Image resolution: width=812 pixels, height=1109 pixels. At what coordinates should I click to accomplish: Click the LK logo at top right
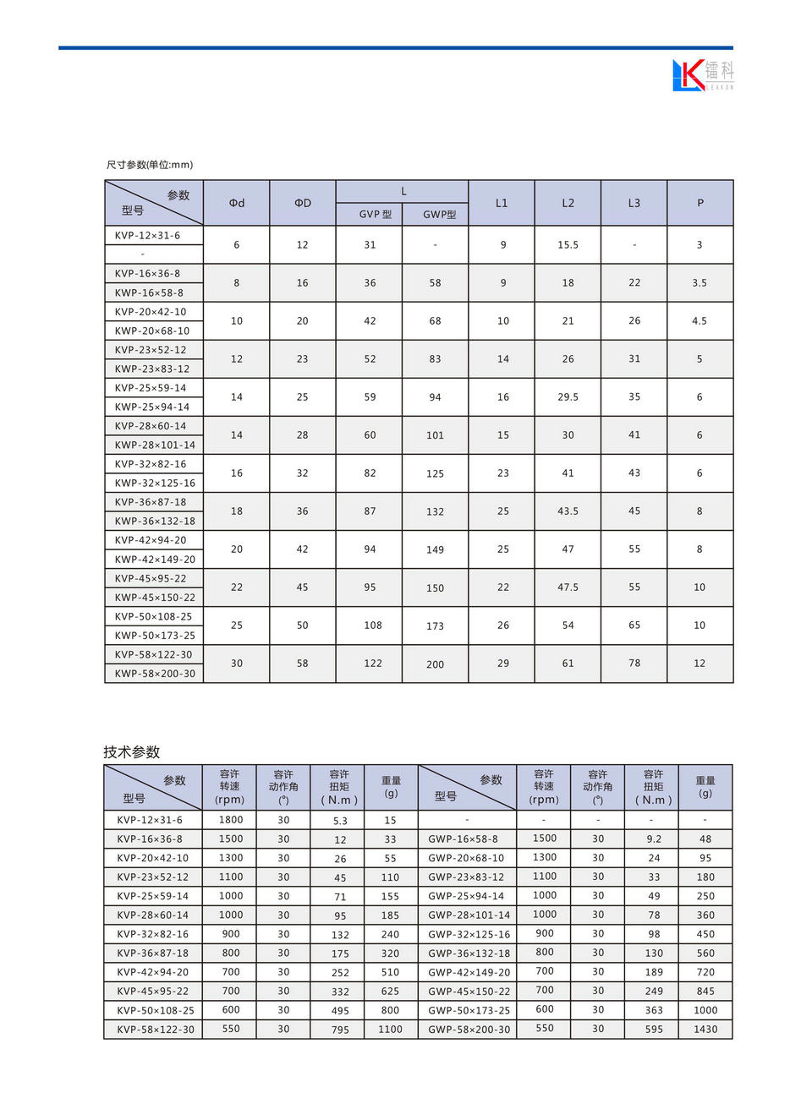pos(702,75)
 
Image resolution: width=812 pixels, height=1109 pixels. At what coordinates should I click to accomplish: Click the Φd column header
pos(237,203)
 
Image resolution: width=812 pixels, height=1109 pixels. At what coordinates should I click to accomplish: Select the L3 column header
pos(634,203)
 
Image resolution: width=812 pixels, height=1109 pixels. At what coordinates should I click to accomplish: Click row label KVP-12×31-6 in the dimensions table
pos(147,236)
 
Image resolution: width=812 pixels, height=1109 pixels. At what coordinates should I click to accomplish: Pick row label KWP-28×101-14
pos(155,445)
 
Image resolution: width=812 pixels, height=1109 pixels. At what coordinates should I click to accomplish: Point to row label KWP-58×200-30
pos(155,674)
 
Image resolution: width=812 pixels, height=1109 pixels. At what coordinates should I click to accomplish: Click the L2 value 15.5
pos(568,245)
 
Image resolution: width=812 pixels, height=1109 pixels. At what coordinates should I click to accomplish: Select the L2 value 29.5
pos(568,397)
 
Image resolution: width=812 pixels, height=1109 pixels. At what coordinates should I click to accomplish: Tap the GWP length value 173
pos(435,626)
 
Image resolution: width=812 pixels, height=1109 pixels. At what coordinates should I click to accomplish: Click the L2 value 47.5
pos(568,587)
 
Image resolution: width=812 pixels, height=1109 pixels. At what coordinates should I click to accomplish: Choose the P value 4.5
pos(700,321)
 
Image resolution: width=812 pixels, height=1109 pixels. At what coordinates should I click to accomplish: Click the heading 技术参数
pos(132,752)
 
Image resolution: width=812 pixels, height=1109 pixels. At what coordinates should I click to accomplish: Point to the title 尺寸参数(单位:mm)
pos(150,165)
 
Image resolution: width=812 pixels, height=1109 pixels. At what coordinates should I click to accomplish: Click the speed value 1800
pos(231,820)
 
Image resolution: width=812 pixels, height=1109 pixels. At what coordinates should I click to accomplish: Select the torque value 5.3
pos(340,821)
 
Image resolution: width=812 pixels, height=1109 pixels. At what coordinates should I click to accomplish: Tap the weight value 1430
pos(705,1030)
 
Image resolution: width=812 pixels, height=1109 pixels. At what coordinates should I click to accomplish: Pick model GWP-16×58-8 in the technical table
pos(463,839)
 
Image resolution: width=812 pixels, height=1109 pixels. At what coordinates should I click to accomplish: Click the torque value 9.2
pos(654,839)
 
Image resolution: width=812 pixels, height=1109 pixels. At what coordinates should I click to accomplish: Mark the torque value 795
pos(340,1030)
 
